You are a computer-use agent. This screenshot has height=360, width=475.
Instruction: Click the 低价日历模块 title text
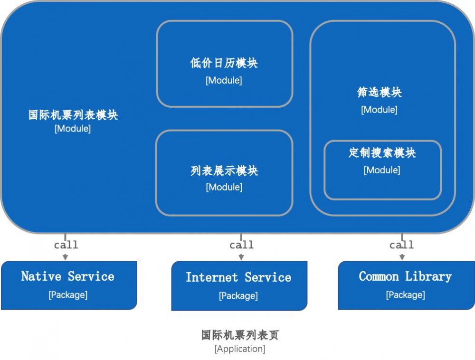click(x=224, y=63)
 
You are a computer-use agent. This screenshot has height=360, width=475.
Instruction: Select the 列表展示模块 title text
click(x=224, y=171)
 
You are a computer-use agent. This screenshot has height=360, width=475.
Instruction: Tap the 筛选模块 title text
click(x=379, y=92)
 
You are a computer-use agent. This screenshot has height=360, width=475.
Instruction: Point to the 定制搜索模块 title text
click(x=382, y=153)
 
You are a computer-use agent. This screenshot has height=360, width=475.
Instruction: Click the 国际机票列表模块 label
click(x=73, y=115)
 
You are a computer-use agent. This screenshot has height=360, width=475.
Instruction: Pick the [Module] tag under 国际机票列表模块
click(x=73, y=129)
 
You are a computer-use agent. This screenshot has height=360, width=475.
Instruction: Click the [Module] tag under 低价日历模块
click(x=224, y=81)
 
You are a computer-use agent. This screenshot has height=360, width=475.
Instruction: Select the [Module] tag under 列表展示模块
click(x=224, y=188)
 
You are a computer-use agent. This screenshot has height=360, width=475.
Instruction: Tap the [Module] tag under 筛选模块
click(x=379, y=110)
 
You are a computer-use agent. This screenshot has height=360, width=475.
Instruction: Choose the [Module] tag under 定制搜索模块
click(x=382, y=170)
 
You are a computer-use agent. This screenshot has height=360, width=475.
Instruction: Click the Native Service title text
click(x=68, y=276)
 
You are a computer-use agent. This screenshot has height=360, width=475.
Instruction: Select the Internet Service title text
click(x=238, y=277)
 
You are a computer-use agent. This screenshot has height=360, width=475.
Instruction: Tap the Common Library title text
click(x=405, y=276)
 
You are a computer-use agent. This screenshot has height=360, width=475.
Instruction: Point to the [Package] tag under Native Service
click(x=68, y=295)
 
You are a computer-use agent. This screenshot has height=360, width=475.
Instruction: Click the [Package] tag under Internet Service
click(x=238, y=296)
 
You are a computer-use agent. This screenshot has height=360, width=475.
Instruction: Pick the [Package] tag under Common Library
click(x=405, y=295)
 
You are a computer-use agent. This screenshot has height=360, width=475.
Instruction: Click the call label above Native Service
click(x=66, y=245)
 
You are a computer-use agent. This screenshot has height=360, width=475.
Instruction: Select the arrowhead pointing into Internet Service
click(x=241, y=257)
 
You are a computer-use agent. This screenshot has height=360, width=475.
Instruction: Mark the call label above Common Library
click(x=402, y=245)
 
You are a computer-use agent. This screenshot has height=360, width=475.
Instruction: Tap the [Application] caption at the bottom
click(x=240, y=349)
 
